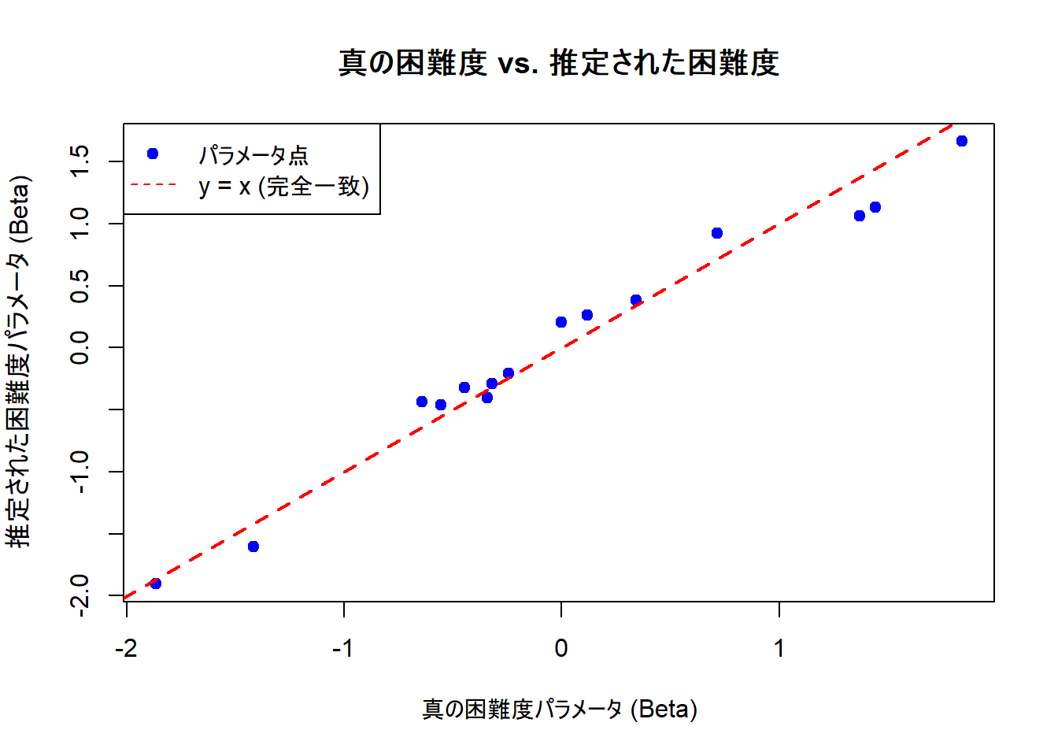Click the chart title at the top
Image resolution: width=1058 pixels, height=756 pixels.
(x=558, y=63)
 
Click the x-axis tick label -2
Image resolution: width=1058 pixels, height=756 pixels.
(x=126, y=648)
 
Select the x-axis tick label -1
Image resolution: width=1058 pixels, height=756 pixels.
(x=342, y=648)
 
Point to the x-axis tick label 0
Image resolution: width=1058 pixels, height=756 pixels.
(x=561, y=648)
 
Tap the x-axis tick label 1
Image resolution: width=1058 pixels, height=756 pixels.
(x=779, y=648)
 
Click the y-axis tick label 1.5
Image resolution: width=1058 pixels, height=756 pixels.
(x=80, y=161)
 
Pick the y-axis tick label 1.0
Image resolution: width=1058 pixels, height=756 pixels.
(x=80, y=224)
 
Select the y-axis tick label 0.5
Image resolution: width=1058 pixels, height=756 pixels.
(x=80, y=286)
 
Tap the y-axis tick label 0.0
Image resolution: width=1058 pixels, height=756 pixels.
(x=80, y=347)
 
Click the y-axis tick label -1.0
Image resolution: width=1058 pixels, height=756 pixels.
(x=80, y=472)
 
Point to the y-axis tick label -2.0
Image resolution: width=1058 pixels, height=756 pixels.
(x=80, y=595)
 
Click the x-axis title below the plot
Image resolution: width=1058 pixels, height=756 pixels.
(x=560, y=710)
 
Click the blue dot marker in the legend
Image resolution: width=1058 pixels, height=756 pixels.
(x=153, y=154)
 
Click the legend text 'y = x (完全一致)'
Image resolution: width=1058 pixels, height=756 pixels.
(x=283, y=187)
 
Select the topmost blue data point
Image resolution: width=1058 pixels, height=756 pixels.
(x=961, y=141)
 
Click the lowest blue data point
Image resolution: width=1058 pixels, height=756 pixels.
(x=156, y=584)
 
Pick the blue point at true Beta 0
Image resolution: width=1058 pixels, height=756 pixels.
(x=561, y=322)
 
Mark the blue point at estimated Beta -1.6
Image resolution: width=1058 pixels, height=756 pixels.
(x=253, y=547)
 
